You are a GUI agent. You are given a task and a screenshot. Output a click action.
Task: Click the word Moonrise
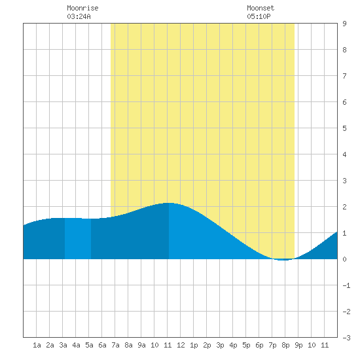tap(82, 8)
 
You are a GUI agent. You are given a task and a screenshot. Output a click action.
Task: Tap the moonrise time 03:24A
tap(79, 16)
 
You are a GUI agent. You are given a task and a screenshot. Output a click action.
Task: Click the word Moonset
tap(261, 8)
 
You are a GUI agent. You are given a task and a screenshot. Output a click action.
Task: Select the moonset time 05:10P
tap(259, 16)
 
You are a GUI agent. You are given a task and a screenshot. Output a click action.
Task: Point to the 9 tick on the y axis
tap(344, 24)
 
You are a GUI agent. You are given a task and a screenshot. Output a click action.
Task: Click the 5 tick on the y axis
tap(344, 128)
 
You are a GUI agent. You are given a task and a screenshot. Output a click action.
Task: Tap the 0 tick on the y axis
tap(344, 259)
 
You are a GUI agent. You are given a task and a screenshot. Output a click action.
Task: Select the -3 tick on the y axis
tap(346, 338)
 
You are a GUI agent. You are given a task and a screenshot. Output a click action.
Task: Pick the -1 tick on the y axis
tap(346, 285)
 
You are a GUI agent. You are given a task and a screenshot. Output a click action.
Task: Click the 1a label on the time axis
tap(37, 345)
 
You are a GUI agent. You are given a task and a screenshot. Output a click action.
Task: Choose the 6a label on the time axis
tap(102, 345)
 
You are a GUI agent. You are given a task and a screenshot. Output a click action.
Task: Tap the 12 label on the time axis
tap(181, 345)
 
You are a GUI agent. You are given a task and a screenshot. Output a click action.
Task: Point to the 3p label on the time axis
tap(220, 345)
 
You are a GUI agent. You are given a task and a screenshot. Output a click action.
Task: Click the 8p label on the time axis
tap(285, 345)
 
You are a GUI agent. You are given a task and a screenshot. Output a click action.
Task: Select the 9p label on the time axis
tap(298, 345)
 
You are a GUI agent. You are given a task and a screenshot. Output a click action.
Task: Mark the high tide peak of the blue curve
tap(168, 203)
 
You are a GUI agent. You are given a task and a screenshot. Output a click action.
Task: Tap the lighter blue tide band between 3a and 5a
tap(78, 238)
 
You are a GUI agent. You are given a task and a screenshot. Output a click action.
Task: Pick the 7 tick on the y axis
tap(344, 76)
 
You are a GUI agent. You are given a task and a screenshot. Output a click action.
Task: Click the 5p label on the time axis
tap(246, 345)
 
